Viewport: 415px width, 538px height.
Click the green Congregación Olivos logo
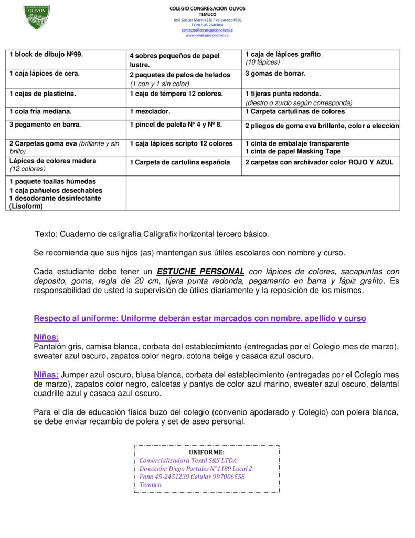tap(37, 17)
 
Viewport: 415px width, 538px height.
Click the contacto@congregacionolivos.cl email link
tap(207, 30)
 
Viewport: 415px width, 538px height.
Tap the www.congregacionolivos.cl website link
tap(207, 35)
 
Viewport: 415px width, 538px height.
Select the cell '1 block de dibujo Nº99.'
tap(46, 55)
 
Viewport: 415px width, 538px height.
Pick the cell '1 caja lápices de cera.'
tap(45, 74)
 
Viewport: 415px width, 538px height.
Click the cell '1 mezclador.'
tap(150, 112)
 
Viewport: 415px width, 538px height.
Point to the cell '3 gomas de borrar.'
tap(275, 74)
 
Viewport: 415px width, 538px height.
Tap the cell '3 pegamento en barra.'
tap(45, 125)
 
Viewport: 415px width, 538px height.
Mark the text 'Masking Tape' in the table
tap(320, 152)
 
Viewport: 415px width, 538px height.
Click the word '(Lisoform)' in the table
tap(26, 206)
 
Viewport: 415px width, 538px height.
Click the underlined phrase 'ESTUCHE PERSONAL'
tap(200, 272)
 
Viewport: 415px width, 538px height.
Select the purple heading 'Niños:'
tap(46, 337)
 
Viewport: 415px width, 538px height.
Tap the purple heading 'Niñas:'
tap(46, 375)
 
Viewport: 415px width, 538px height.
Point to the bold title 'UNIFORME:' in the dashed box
tap(207, 452)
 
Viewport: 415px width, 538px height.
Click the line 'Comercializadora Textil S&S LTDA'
tap(188, 461)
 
